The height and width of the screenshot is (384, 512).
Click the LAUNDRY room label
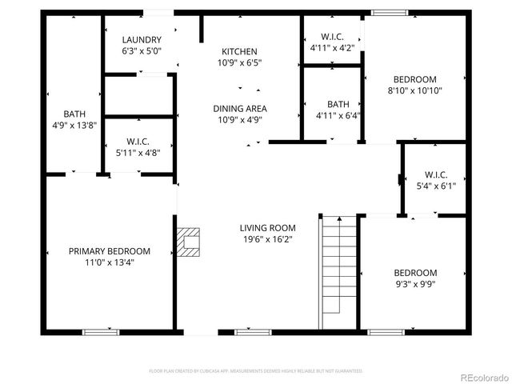tap(142, 40)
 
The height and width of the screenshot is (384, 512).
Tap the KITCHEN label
tap(239, 51)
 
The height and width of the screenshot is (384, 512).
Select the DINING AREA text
tap(239, 109)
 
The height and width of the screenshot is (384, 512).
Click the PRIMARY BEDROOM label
tap(109, 251)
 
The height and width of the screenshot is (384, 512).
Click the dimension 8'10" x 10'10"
tap(414, 90)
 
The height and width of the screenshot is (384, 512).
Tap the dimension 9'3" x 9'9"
tap(415, 283)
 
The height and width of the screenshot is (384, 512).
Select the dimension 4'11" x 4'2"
tap(331, 48)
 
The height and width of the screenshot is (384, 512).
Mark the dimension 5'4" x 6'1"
tap(436, 186)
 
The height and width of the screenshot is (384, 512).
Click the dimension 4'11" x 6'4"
tap(338, 115)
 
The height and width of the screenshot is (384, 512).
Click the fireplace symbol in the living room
tap(190, 242)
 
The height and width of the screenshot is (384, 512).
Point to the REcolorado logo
tap(482, 377)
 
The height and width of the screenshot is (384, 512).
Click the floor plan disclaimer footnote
tap(256, 371)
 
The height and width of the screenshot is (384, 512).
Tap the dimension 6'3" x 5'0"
tap(142, 51)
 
